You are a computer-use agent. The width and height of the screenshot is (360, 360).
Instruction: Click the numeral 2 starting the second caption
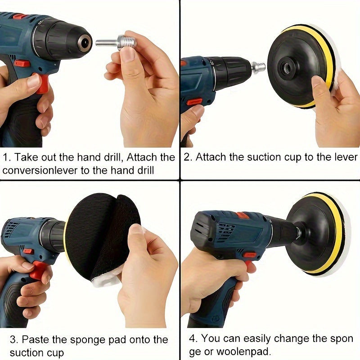(x=187, y=157)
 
